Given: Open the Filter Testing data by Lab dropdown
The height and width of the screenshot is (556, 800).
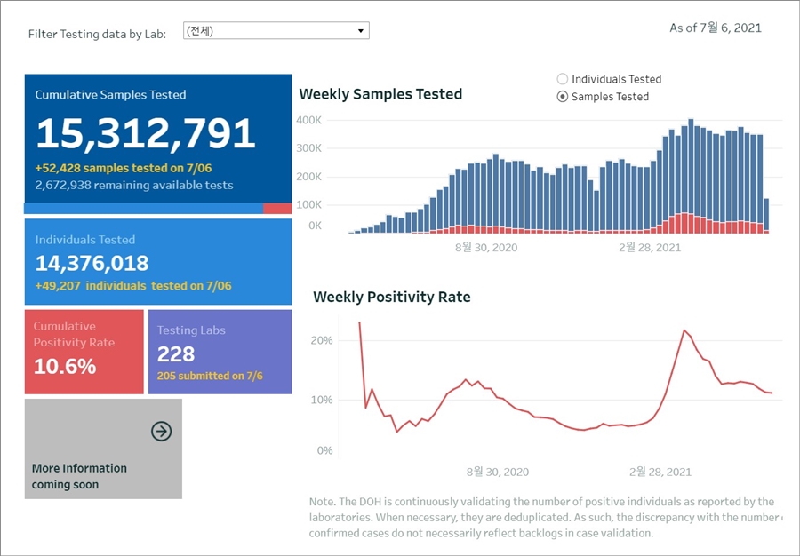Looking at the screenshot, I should pyautogui.click(x=276, y=31).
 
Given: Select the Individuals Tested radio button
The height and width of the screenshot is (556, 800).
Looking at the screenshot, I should pyautogui.click(x=563, y=79).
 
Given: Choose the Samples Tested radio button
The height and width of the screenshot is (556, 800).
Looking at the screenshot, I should pyautogui.click(x=563, y=97).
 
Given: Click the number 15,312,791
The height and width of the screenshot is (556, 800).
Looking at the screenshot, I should pyautogui.click(x=146, y=133).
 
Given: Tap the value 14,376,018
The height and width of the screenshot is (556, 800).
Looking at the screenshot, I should pyautogui.click(x=92, y=263).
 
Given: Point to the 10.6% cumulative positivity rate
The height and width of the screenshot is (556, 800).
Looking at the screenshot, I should pyautogui.click(x=65, y=365).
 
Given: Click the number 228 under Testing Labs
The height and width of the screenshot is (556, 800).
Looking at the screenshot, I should pyautogui.click(x=176, y=354).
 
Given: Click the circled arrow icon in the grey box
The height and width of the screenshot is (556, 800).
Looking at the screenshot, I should pyautogui.click(x=161, y=432).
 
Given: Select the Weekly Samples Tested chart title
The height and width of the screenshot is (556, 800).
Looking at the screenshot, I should pyautogui.click(x=380, y=94).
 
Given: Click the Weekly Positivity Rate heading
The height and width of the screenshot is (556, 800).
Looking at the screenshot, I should pyautogui.click(x=392, y=297).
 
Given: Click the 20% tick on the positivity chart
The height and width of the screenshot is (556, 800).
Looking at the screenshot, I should pyautogui.click(x=322, y=341).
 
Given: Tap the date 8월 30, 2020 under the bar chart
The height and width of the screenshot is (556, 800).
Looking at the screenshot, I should pyautogui.click(x=485, y=247).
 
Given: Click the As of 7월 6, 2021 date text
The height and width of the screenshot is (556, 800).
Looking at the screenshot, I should pyautogui.click(x=715, y=28).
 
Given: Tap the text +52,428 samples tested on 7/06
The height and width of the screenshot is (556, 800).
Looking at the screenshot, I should pyautogui.click(x=124, y=168).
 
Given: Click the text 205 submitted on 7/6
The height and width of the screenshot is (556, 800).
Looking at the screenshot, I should pyautogui.click(x=210, y=376).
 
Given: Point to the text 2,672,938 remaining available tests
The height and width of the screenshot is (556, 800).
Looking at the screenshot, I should pyautogui.click(x=134, y=185).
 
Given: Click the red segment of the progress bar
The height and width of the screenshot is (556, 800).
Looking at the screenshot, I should pyautogui.click(x=277, y=208).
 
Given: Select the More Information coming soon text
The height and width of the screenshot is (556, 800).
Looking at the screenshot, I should pyautogui.click(x=79, y=476).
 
